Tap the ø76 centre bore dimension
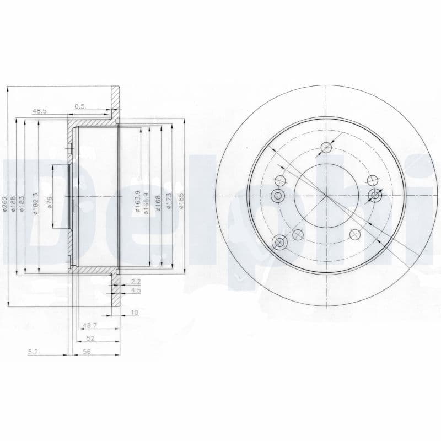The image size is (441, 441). (50, 202)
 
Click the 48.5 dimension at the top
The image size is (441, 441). (40, 111)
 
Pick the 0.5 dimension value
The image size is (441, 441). (79, 106)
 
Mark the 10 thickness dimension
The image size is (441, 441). (134, 313)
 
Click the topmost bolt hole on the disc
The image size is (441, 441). (326, 147)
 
